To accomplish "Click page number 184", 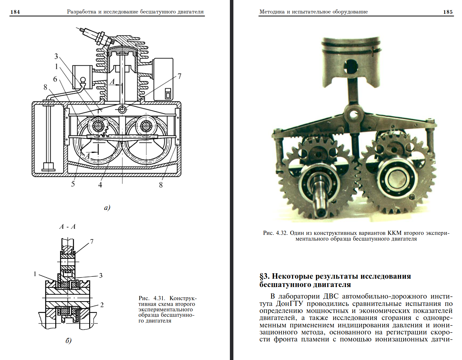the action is click(15, 12).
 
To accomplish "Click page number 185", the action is click(448, 12).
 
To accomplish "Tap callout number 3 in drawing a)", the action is click(56, 56).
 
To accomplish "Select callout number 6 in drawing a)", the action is click(55, 79).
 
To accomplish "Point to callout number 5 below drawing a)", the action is click(73, 184).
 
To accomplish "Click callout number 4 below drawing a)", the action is click(100, 184).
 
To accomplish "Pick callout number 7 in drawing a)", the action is click(179, 76).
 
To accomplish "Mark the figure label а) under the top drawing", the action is click(107, 208).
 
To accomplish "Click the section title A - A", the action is click(67, 227).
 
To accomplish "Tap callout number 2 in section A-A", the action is click(102, 305).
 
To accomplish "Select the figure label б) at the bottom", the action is click(68, 340).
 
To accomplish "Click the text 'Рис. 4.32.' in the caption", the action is click(275, 233).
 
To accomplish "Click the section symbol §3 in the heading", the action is click(264, 276).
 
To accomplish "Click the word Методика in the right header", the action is click(272, 12).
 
